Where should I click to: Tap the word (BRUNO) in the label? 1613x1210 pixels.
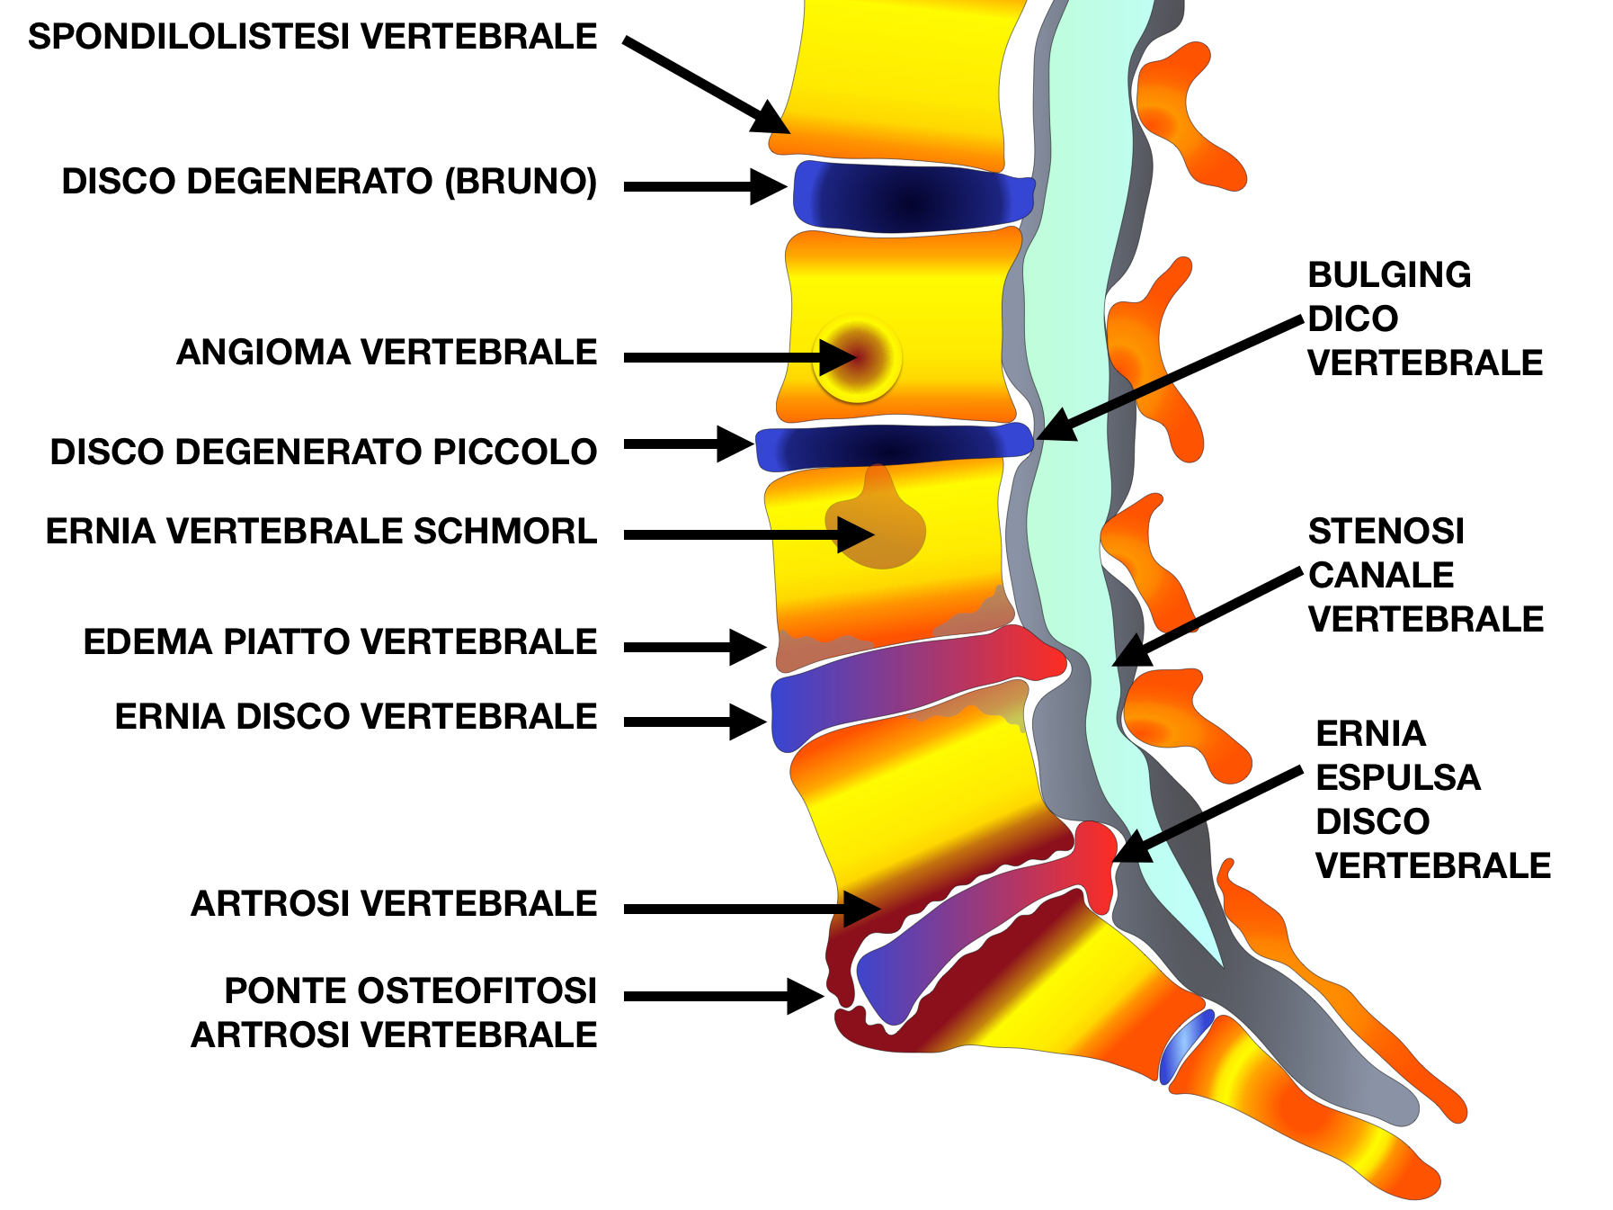(521, 181)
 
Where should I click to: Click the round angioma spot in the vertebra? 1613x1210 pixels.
(856, 357)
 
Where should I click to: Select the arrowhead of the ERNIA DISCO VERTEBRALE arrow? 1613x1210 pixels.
(751, 722)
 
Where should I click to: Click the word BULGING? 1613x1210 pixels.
(1389, 274)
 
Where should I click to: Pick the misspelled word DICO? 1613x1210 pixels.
(1352, 318)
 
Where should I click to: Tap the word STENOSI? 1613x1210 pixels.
(1386, 531)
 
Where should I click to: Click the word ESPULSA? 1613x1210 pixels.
(1397, 777)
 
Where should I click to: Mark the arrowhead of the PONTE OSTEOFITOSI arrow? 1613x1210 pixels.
(806, 996)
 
